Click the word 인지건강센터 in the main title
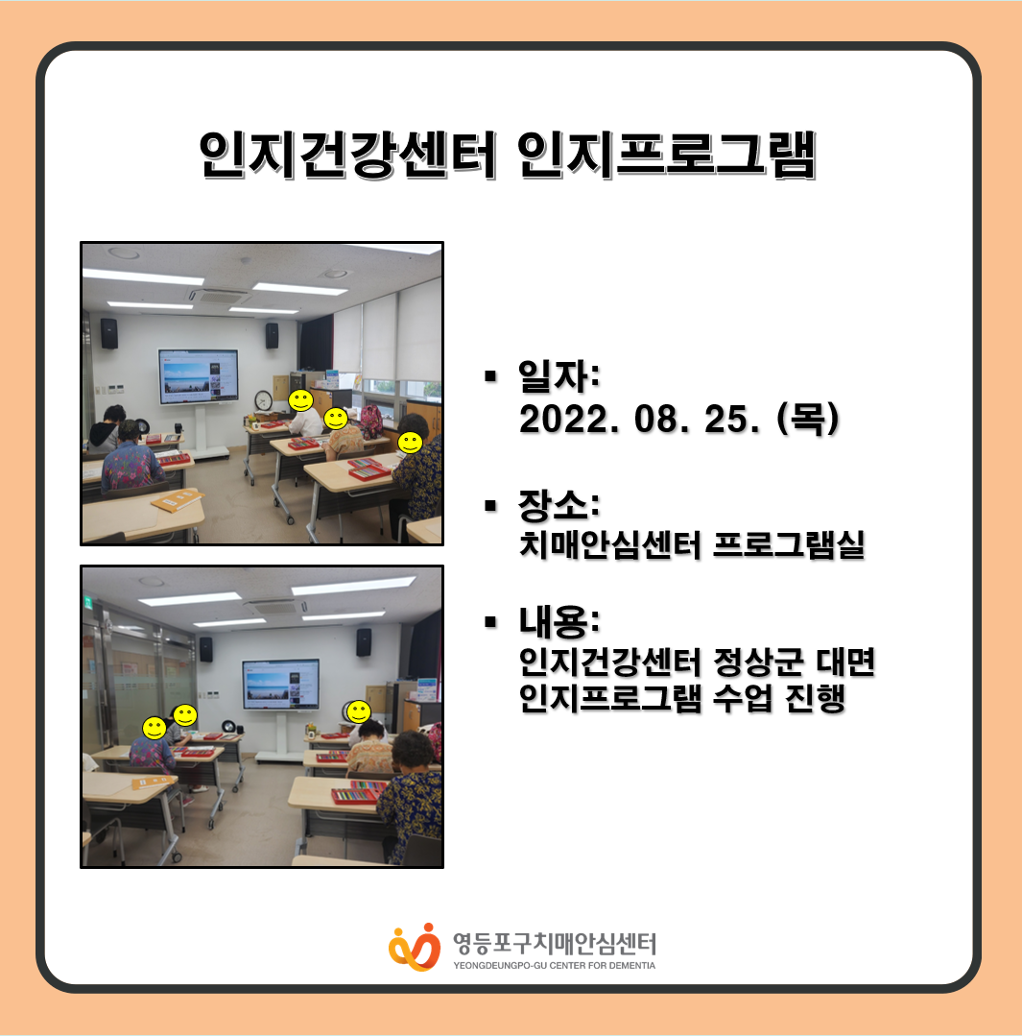[x=348, y=156]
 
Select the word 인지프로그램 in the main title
[x=667, y=156]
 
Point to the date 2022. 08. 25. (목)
[x=679, y=419]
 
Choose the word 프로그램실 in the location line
[x=789, y=545]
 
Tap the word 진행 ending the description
[x=816, y=698]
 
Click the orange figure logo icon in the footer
[x=415, y=947]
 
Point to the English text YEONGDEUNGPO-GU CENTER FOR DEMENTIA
[x=554, y=965]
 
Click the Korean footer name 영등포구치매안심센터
[x=554, y=944]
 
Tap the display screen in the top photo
[x=198, y=376]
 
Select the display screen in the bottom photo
[x=281, y=684]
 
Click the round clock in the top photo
[x=264, y=400]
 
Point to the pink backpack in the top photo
[x=371, y=421]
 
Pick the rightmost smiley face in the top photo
[x=410, y=442]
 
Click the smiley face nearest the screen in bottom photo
[x=359, y=711]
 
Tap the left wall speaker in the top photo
[x=109, y=334]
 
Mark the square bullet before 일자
[x=489, y=376]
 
